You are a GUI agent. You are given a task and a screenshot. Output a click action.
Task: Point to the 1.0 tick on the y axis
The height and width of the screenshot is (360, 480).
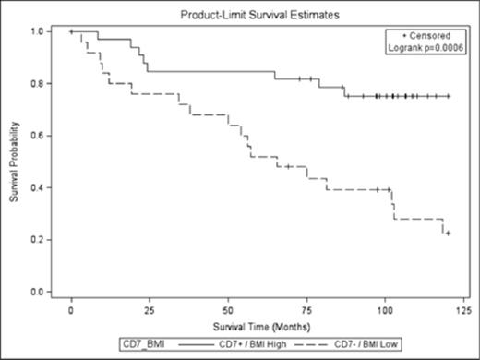click(38, 32)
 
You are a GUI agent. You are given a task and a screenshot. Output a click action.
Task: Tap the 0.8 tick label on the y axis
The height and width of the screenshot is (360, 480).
click(38, 84)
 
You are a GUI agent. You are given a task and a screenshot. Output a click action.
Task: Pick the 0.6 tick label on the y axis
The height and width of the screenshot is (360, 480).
click(38, 136)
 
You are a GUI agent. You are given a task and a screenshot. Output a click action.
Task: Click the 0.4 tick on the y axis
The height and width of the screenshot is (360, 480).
click(38, 187)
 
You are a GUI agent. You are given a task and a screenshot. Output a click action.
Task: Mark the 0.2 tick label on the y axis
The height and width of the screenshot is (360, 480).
click(38, 239)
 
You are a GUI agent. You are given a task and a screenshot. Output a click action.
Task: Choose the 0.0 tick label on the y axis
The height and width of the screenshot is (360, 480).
click(38, 292)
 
